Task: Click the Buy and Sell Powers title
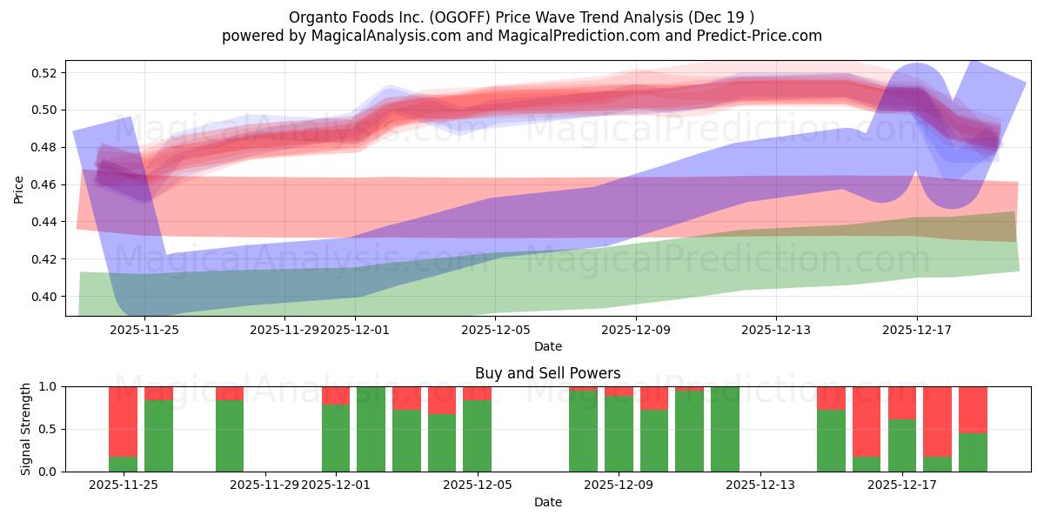(x=547, y=373)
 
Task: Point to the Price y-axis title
(x=18, y=189)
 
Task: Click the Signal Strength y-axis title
(x=26, y=429)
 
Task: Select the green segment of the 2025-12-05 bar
(x=477, y=435)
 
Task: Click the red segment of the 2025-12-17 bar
(x=902, y=402)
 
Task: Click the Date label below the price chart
(x=547, y=346)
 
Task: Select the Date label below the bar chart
(x=547, y=502)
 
